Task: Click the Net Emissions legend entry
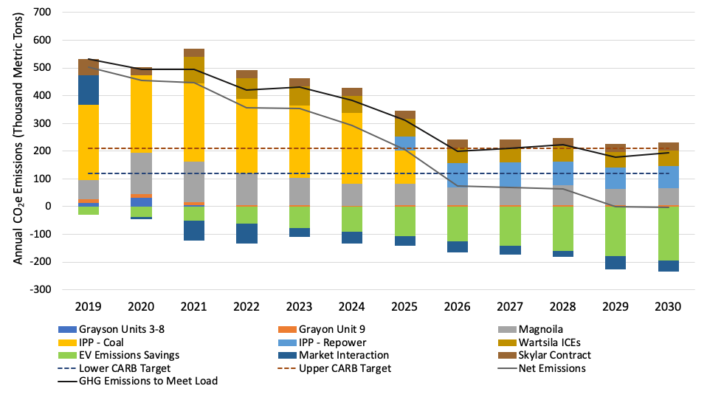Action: point(547,368)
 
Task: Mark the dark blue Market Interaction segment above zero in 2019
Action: point(88,90)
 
